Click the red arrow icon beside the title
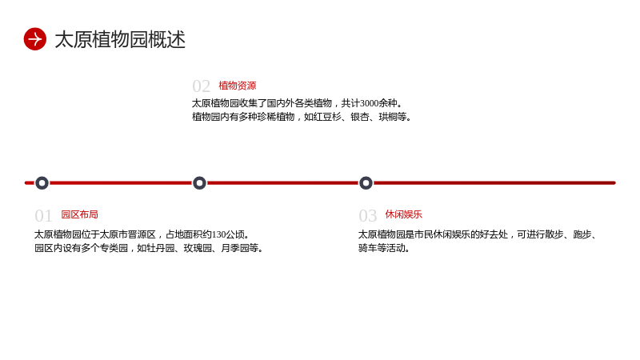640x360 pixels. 35,39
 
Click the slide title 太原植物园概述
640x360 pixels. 120,39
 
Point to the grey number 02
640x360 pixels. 202,86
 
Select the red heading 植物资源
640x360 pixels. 238,86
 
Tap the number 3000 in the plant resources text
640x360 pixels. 370,103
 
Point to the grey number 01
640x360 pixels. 44,215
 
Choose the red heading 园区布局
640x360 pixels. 79,214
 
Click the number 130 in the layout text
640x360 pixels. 218,234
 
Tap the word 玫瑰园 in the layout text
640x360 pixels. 198,248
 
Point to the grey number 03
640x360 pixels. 368,215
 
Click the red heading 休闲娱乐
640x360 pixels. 404,214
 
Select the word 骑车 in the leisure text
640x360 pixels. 368,248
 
